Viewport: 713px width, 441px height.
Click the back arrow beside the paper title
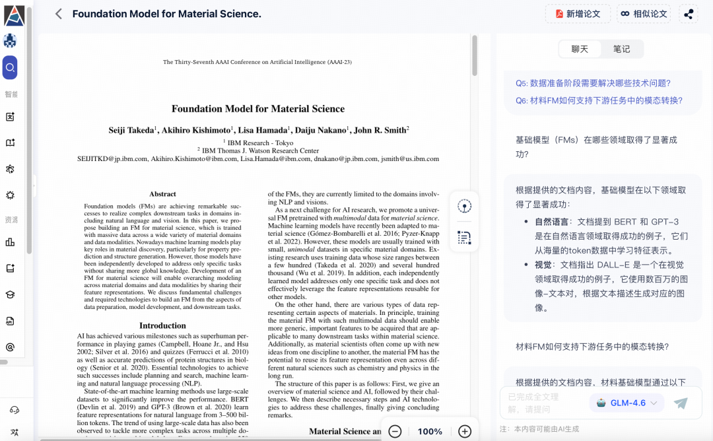(58, 14)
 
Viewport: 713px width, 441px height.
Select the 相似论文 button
(643, 14)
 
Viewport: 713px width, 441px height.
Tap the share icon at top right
(689, 14)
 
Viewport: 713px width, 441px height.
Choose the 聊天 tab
(580, 49)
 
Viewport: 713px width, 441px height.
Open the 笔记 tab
(621, 49)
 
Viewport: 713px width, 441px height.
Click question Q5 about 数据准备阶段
(593, 83)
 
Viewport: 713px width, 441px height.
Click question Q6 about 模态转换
(599, 100)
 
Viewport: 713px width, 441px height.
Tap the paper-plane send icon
(681, 403)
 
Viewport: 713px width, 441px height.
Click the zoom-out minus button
(395, 431)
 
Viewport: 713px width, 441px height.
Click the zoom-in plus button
(465, 431)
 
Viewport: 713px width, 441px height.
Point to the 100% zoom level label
(430, 431)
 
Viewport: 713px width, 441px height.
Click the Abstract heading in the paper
(162, 194)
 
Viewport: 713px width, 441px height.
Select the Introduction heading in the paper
(162, 325)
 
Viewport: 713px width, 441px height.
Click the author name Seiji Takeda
(131, 130)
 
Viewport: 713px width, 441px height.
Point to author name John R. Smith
(380, 130)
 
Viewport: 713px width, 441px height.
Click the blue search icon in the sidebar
(10, 67)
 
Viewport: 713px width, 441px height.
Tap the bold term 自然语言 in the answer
(552, 222)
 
